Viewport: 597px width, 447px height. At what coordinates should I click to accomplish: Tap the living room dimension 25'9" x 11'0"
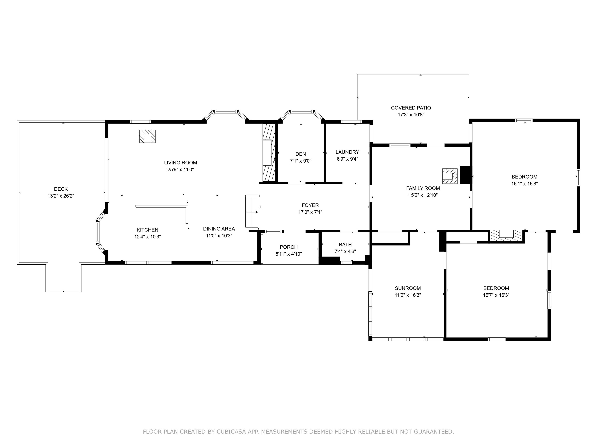(180, 170)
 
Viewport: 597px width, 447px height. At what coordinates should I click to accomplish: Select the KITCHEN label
(147, 230)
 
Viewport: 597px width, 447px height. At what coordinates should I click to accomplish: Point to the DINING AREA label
(219, 229)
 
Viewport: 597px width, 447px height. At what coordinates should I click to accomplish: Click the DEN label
(300, 154)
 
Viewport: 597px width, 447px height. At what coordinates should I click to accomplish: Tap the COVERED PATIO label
(411, 108)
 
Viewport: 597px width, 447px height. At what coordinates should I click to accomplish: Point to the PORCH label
(289, 247)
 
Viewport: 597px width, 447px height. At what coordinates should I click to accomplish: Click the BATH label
(345, 245)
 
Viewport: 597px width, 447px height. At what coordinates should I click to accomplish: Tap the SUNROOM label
(408, 288)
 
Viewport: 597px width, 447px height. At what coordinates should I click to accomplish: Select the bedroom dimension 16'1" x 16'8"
(524, 184)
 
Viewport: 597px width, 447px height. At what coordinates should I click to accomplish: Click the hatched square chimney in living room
(147, 136)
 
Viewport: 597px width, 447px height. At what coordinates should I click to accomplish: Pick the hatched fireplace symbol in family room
(450, 176)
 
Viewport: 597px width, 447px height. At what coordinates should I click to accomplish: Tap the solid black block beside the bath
(329, 260)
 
